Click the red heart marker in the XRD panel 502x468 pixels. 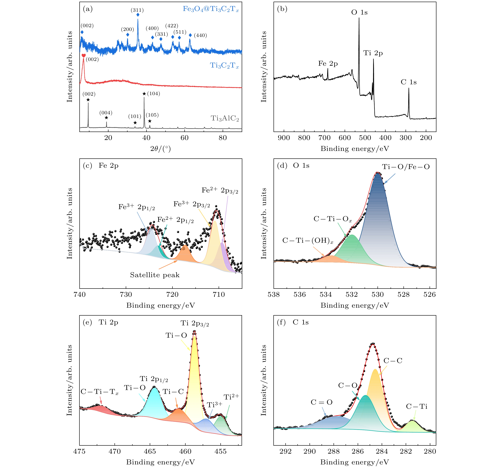(84, 55)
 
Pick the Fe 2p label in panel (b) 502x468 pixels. (328, 64)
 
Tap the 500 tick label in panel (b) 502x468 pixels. (365, 138)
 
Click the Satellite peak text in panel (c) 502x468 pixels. (155, 275)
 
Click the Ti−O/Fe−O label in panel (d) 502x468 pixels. (406, 167)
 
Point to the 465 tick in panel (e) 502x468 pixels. (150, 451)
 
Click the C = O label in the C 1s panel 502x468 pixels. (322, 402)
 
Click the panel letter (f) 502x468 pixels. (281, 322)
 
